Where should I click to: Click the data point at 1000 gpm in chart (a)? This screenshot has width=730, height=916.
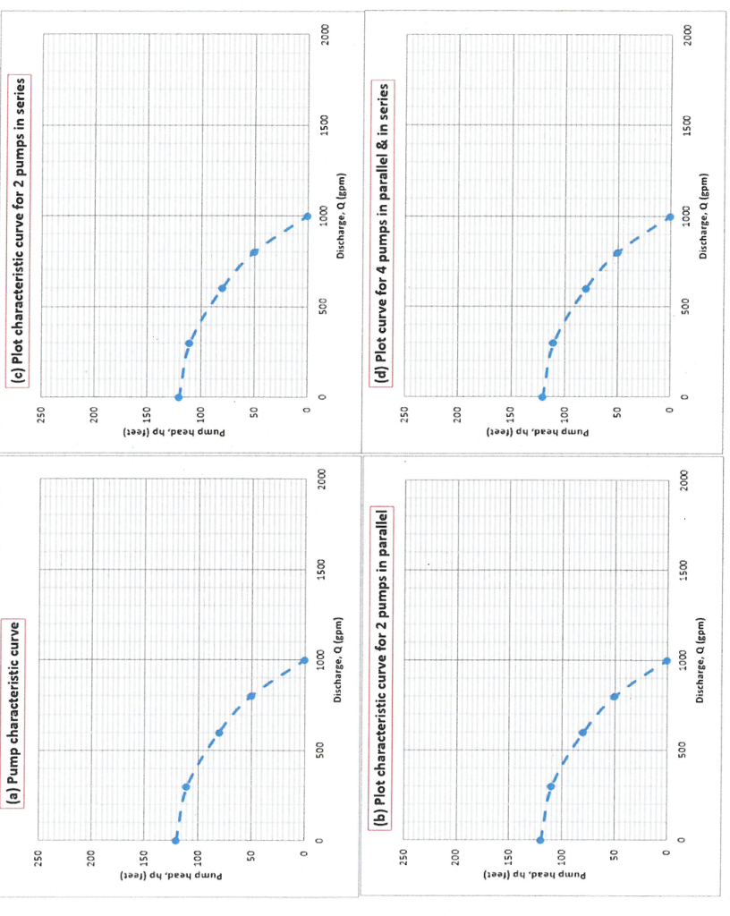[x=304, y=660]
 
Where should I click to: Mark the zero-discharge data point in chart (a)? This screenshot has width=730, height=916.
[x=175, y=841]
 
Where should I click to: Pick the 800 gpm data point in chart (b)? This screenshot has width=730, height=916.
[x=615, y=696]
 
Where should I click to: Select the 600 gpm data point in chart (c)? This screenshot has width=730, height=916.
[x=222, y=288]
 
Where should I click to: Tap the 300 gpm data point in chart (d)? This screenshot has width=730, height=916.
[x=553, y=343]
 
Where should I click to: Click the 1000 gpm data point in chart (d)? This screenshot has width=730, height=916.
[x=669, y=216]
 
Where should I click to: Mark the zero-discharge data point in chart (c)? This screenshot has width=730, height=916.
[x=179, y=396]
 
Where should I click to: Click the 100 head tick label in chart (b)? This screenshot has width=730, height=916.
[x=562, y=857]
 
